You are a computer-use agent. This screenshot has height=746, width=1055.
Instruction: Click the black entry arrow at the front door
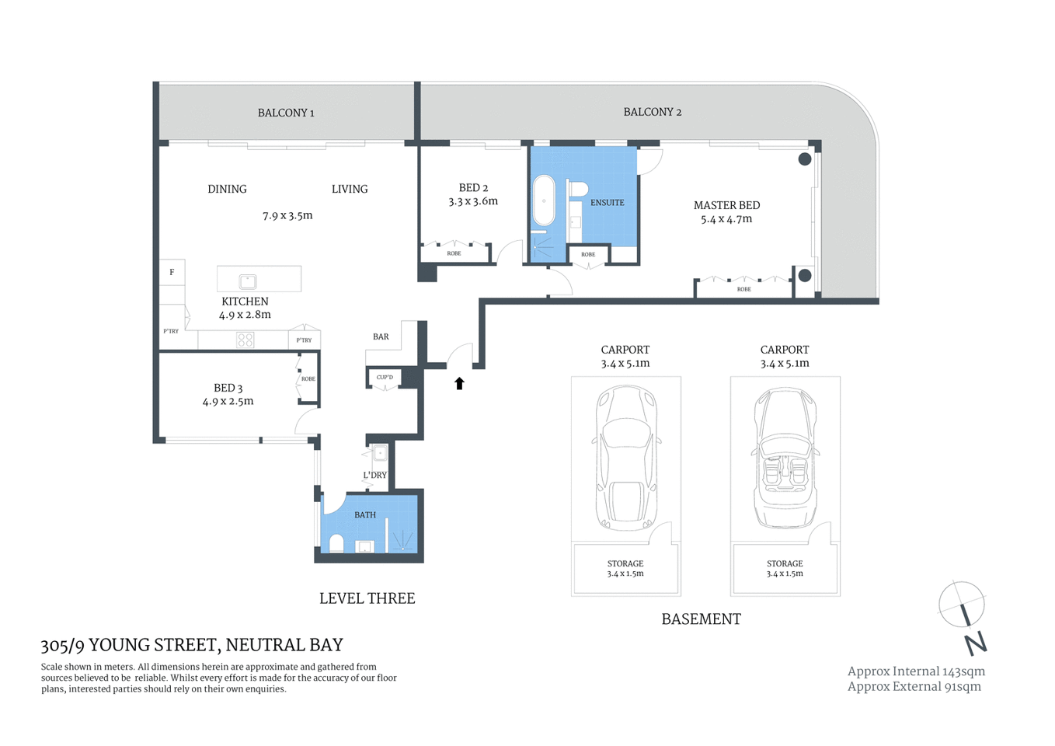click(459, 383)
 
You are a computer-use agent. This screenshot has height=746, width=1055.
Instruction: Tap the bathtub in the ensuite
click(544, 200)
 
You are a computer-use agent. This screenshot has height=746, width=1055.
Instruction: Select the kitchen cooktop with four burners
click(245, 340)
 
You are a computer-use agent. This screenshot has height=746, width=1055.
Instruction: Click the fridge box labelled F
click(172, 272)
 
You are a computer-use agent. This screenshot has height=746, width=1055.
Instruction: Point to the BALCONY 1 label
click(286, 113)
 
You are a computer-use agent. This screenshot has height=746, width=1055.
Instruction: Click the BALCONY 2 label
click(652, 112)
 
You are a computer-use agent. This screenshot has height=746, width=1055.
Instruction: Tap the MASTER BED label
click(726, 205)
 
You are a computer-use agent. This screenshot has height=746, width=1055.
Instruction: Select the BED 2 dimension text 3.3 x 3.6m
click(473, 201)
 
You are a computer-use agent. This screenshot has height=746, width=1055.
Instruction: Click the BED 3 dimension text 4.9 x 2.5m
click(228, 402)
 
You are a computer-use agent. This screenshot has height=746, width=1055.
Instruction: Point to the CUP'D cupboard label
click(385, 378)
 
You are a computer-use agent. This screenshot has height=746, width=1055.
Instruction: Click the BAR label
click(381, 336)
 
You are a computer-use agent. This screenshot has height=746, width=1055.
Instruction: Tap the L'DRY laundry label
click(374, 475)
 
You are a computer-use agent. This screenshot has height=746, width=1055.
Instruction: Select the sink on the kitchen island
click(248, 281)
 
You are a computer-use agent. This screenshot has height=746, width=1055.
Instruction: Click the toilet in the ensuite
click(577, 189)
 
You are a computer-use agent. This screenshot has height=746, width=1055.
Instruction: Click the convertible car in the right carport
click(785, 458)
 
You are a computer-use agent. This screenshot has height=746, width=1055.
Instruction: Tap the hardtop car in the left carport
click(625, 458)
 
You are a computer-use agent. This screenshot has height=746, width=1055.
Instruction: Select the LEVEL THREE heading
click(367, 598)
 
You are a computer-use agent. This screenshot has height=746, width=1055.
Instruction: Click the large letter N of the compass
click(976, 643)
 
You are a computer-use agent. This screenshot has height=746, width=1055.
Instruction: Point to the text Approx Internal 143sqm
click(916, 671)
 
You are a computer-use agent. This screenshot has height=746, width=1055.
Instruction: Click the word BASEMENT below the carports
click(701, 619)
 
